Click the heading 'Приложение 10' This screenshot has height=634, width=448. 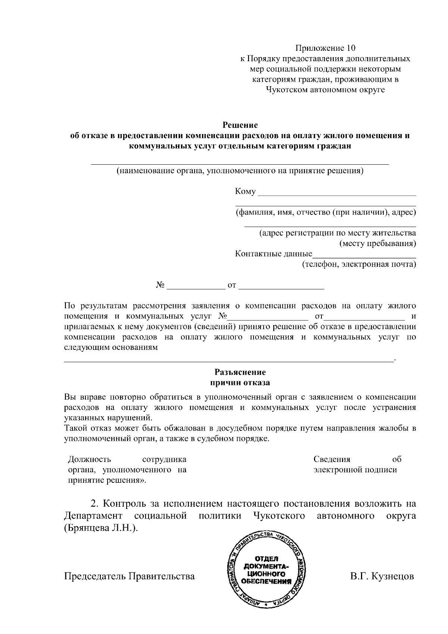point(325,48)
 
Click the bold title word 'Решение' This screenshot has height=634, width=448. point(240,125)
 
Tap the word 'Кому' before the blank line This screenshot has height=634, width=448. point(245,192)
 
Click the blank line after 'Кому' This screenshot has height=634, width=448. point(337,193)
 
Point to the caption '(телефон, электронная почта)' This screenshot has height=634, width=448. point(359,265)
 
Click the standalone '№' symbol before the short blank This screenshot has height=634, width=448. point(160,286)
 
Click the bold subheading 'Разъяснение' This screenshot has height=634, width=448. point(240,372)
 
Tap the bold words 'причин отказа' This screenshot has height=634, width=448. point(240,383)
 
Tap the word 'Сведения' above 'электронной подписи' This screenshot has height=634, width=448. point(332,459)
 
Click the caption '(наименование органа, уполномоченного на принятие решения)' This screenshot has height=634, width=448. point(240,171)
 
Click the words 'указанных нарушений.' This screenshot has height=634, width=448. point(109,417)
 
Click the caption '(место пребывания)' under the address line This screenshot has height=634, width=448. point(378,244)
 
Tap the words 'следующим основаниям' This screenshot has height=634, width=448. point(111,348)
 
